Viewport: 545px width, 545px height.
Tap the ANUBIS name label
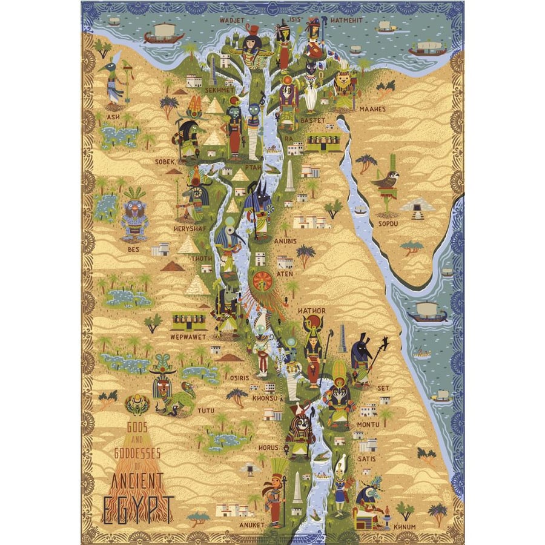285,241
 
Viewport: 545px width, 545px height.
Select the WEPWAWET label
188,336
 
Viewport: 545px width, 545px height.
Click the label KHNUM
405,527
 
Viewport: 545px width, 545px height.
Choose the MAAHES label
372,110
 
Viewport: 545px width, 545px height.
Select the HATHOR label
312,311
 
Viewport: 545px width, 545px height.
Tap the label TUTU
204,411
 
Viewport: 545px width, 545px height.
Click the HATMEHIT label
347,20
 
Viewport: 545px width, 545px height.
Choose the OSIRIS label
240,378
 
